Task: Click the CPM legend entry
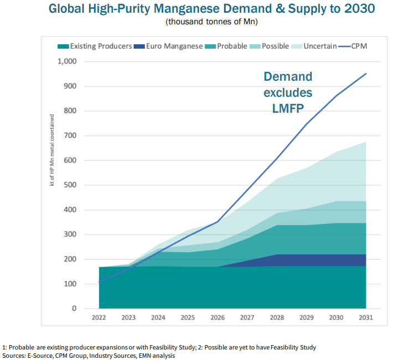point(359,46)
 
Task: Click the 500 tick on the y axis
point(70,185)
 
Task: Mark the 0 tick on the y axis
point(74,309)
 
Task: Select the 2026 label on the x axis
point(218,318)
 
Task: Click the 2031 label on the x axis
point(365,318)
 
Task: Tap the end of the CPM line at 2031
point(366,73)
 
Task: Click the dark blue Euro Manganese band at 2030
point(336,260)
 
